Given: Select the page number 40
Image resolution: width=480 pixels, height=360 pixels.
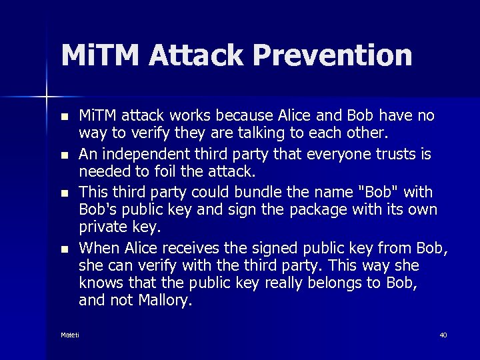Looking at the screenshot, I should [443, 335].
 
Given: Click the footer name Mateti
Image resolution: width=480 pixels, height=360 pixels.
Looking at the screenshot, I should [70, 335].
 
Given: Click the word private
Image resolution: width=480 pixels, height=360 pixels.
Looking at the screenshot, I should [101, 227].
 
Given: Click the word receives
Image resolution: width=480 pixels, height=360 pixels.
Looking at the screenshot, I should [189, 249].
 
